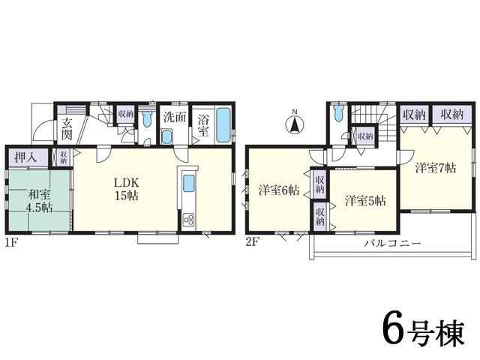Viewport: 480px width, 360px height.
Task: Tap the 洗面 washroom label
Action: pos(174,118)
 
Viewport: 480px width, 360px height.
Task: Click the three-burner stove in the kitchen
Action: pos(188,220)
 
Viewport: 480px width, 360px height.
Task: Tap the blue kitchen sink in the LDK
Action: pos(189,184)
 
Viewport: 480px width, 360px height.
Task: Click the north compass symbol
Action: pos(295,124)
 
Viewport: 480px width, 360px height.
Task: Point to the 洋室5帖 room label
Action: pos(365,200)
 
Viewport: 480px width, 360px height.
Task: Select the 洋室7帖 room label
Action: pos(436,167)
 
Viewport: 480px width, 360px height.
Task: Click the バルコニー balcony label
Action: pos(392,244)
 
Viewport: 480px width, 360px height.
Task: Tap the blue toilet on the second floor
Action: pos(338,115)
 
